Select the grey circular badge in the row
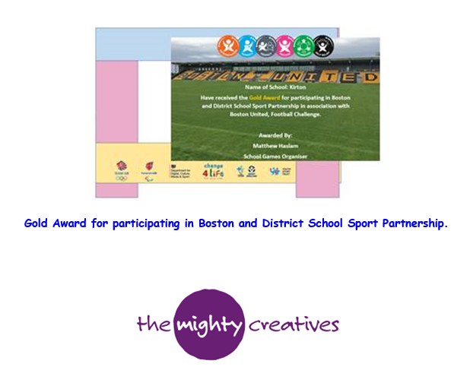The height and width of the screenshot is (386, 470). (x=265, y=46)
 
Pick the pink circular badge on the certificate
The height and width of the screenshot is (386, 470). (x=284, y=46)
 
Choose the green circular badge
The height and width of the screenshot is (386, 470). (x=304, y=46)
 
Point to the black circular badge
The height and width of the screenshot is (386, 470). (x=324, y=46)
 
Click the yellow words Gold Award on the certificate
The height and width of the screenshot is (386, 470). (x=262, y=98)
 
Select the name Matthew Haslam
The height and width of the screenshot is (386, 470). (x=275, y=143)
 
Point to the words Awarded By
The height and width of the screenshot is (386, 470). (x=275, y=131)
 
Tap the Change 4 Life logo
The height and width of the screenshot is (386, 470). (x=212, y=169)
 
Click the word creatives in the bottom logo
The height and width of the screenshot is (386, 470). (x=294, y=325)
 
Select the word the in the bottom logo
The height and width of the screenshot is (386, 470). (x=151, y=325)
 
